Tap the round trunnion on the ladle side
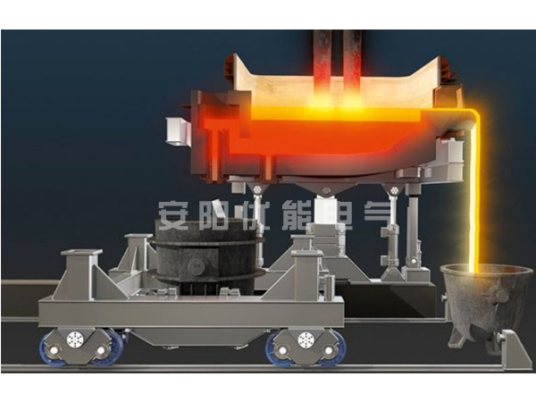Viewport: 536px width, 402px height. [197, 265]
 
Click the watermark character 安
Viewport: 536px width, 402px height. [173, 214]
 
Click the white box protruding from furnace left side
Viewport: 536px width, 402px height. [177, 131]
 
